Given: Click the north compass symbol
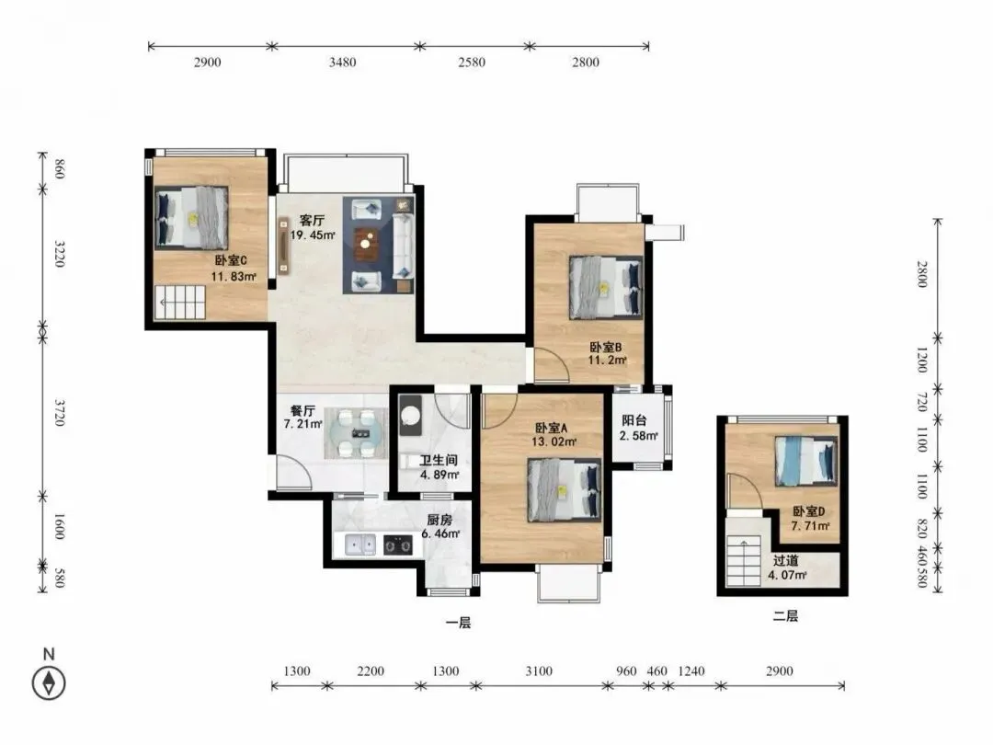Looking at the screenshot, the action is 49,683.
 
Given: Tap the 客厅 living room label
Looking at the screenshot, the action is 312,221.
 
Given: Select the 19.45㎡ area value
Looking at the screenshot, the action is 313,235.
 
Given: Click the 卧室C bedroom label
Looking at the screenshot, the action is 230,260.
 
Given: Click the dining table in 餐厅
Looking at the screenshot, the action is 355,433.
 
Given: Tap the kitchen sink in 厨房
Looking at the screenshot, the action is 360,544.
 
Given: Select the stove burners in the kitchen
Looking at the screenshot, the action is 398,544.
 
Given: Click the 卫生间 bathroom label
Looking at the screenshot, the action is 439,461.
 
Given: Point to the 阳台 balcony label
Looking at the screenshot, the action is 633,420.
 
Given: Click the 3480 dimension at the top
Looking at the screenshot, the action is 342,63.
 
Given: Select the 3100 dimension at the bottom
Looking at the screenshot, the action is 538,670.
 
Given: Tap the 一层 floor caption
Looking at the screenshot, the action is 458,623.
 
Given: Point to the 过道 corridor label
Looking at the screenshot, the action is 785,561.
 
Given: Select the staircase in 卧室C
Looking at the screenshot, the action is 181,303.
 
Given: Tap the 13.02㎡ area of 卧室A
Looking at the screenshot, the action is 554,441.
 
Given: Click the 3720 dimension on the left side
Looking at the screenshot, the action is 60,412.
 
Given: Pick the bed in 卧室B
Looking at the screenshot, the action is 605,286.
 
